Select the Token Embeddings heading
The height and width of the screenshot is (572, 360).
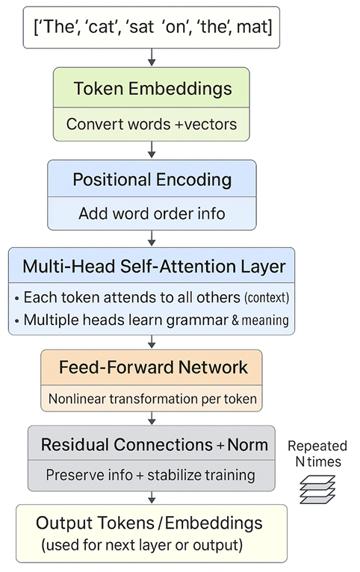152,89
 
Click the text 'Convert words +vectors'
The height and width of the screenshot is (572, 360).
152,123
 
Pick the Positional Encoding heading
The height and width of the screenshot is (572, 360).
152,180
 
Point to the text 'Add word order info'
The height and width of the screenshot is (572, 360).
152,214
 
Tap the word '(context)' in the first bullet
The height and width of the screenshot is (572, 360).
267,298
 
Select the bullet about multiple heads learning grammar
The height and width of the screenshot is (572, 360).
152,320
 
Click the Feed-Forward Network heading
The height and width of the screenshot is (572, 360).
152,367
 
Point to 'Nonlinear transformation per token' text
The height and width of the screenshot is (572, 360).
152,400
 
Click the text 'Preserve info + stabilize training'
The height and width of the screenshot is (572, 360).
150,475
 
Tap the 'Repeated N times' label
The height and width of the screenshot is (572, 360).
317,454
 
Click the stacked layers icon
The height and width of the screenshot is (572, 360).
317,488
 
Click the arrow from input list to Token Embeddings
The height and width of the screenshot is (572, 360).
152,57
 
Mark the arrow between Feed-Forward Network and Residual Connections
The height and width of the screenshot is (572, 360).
152,418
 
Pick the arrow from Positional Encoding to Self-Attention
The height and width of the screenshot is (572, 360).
152,238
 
